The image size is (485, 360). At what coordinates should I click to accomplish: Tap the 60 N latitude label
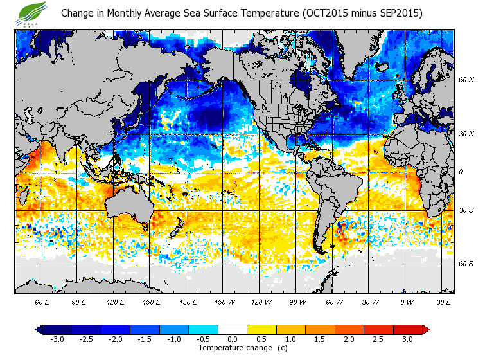[x=466, y=80]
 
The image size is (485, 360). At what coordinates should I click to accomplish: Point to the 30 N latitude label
[x=466, y=133]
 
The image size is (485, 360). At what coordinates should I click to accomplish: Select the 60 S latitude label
[x=466, y=264]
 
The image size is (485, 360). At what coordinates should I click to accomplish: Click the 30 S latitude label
[x=466, y=210]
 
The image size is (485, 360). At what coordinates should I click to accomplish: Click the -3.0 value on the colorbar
[x=57, y=339]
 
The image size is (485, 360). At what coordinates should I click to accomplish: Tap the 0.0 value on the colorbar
[x=233, y=339]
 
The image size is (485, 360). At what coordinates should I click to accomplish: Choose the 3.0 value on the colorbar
[x=408, y=339]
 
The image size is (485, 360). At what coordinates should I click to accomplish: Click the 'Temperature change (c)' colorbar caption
[x=233, y=348]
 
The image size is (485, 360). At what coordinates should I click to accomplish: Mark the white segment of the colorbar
[x=233, y=329]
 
